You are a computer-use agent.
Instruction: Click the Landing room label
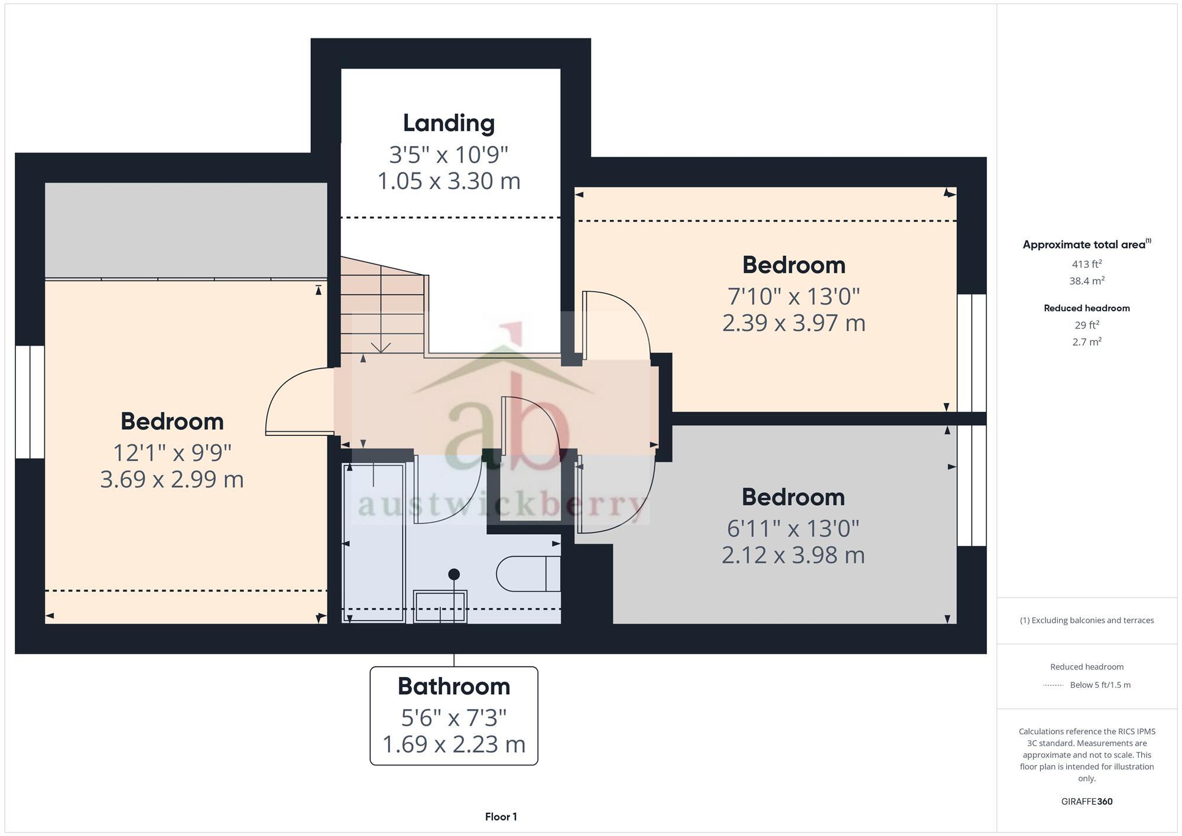pyautogui.click(x=449, y=123)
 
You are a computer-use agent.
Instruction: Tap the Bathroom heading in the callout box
pyautogui.click(x=453, y=687)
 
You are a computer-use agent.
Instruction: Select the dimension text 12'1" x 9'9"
pyautogui.click(x=172, y=453)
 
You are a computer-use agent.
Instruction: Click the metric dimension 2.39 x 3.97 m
pyautogui.click(x=793, y=323)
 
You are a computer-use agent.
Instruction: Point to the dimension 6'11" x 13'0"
pyautogui.click(x=793, y=528)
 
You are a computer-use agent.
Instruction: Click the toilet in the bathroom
pyautogui.click(x=528, y=574)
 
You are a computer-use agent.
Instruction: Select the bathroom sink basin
pyautogui.click(x=440, y=606)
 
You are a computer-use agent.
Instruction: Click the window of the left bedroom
pyautogui.click(x=30, y=402)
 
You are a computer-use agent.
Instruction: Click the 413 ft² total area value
pyautogui.click(x=1086, y=264)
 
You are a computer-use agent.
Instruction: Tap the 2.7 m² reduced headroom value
pyautogui.click(x=1086, y=342)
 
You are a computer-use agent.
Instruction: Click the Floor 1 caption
pyautogui.click(x=501, y=817)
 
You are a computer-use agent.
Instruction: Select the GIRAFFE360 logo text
pyautogui.click(x=1086, y=802)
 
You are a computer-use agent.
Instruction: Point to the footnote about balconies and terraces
pyautogui.click(x=1086, y=620)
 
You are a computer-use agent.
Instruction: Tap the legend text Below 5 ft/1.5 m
pyautogui.click(x=1099, y=685)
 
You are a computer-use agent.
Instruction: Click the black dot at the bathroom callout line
pyautogui.click(x=454, y=574)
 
